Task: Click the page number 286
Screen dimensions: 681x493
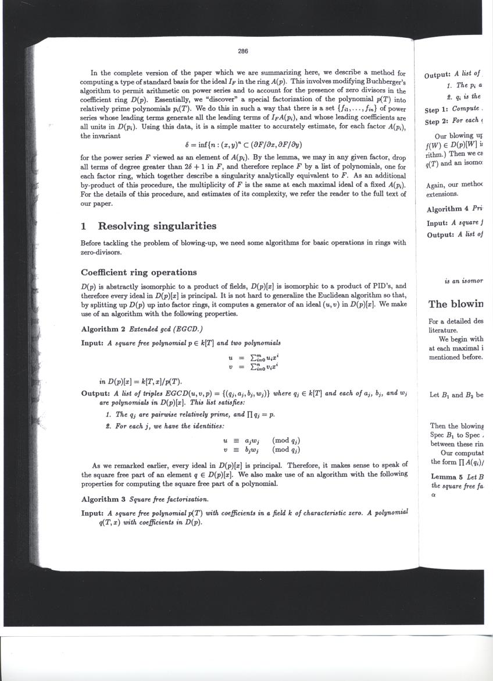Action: point(243,51)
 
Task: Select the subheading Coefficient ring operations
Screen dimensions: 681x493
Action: point(139,272)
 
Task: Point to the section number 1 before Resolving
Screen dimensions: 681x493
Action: point(85,226)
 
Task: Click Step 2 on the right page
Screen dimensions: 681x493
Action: point(441,122)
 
